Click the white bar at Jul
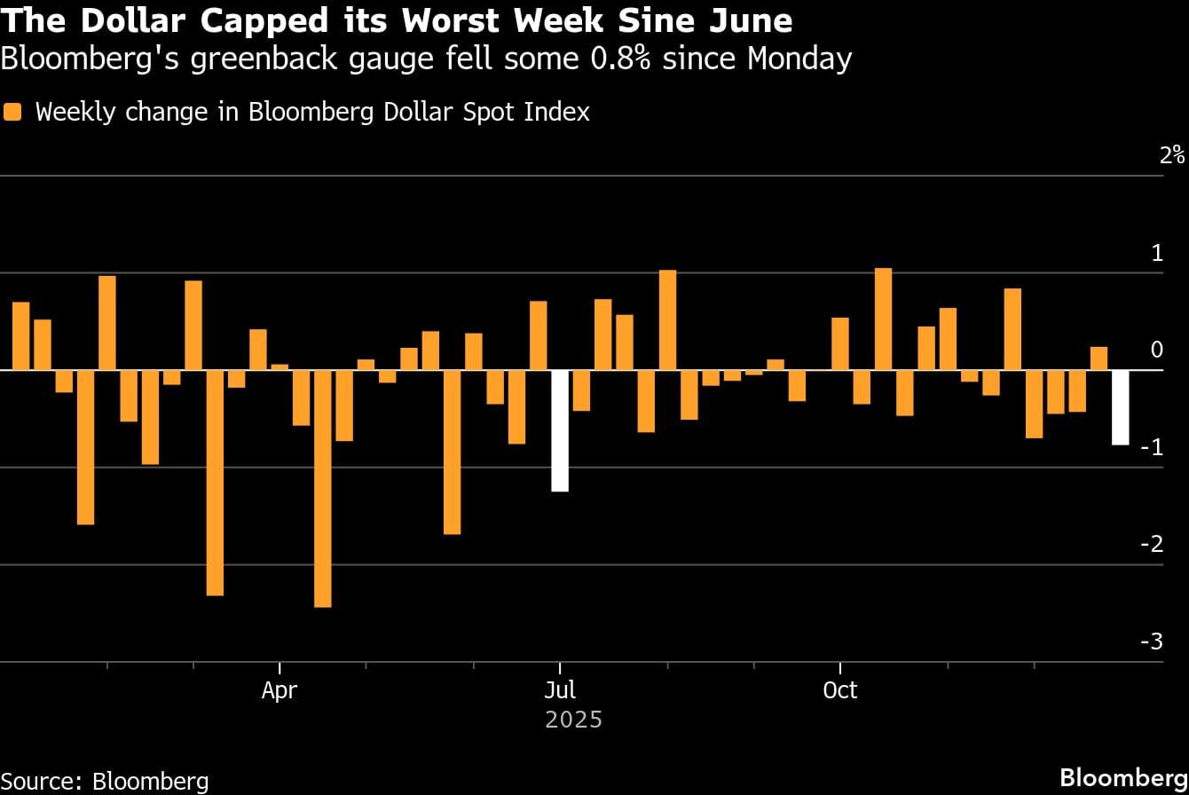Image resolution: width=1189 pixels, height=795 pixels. tap(559, 430)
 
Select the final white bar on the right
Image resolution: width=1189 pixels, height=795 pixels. tap(1121, 407)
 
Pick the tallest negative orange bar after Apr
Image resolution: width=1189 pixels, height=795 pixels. tap(322, 488)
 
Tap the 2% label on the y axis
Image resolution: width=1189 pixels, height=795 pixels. tap(1171, 155)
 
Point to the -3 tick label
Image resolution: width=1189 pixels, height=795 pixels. tap(1151, 642)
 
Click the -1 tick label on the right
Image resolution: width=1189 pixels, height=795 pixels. tap(1151, 447)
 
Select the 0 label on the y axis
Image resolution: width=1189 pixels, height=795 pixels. tap(1156, 350)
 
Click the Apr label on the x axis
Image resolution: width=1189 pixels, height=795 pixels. tap(279, 690)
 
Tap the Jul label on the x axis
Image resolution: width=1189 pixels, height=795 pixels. tap(559, 690)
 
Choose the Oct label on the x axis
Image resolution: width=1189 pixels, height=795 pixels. tap(839, 690)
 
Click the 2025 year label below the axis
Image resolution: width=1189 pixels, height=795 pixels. tap(573, 719)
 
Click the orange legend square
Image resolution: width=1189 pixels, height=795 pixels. tap(12, 112)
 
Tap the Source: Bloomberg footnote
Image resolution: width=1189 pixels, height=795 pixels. tap(105, 781)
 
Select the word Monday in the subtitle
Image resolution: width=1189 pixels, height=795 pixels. tap(799, 59)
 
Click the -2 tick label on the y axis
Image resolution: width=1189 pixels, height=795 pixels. tap(1151, 544)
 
